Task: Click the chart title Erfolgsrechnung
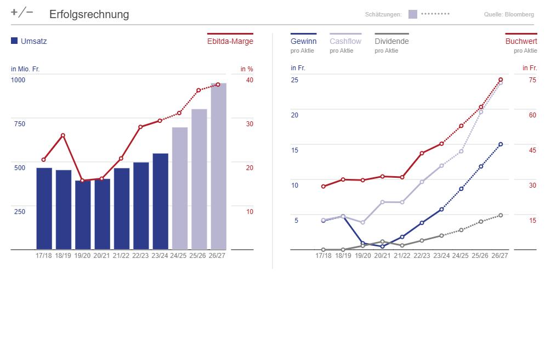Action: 89,14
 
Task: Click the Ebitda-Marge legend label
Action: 230,41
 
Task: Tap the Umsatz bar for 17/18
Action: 44,209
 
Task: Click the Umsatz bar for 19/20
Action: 83,215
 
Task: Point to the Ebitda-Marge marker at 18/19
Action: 63,136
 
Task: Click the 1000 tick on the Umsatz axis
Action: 18,80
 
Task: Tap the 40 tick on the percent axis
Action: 249,80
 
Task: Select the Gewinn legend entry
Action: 303,41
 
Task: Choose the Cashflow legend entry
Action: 345,41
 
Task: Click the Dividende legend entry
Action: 391,41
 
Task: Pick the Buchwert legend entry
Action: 521,41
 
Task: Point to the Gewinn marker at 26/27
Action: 501,144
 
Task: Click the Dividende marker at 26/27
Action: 501,215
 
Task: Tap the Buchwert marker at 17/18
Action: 323,187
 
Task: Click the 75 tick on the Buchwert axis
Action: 532,80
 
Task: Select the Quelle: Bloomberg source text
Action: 509,14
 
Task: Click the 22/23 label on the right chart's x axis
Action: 422,256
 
